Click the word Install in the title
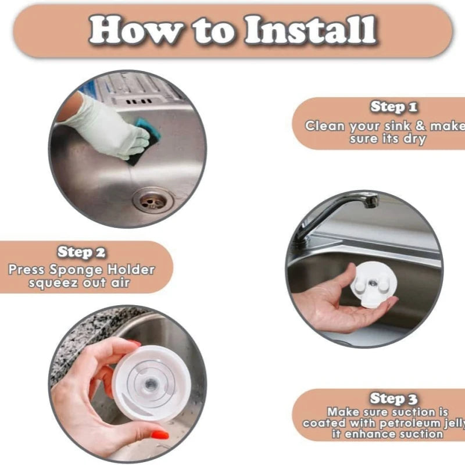[310, 30]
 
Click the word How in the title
[136, 30]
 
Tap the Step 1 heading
[394, 107]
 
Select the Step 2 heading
[81, 252]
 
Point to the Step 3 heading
[394, 398]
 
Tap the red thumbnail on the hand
[159, 435]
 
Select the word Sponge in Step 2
[76, 270]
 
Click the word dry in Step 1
[414, 139]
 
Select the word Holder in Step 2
[131, 270]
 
